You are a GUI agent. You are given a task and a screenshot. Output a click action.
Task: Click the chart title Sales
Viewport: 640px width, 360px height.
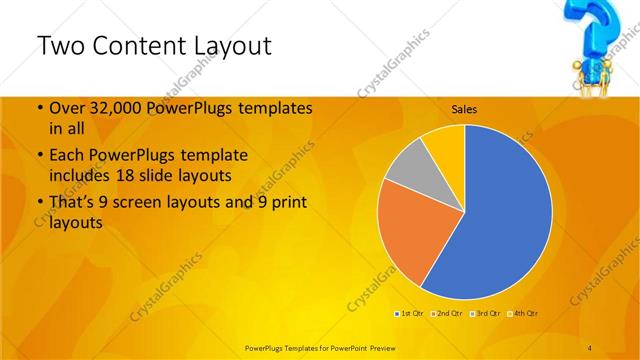(463, 108)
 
